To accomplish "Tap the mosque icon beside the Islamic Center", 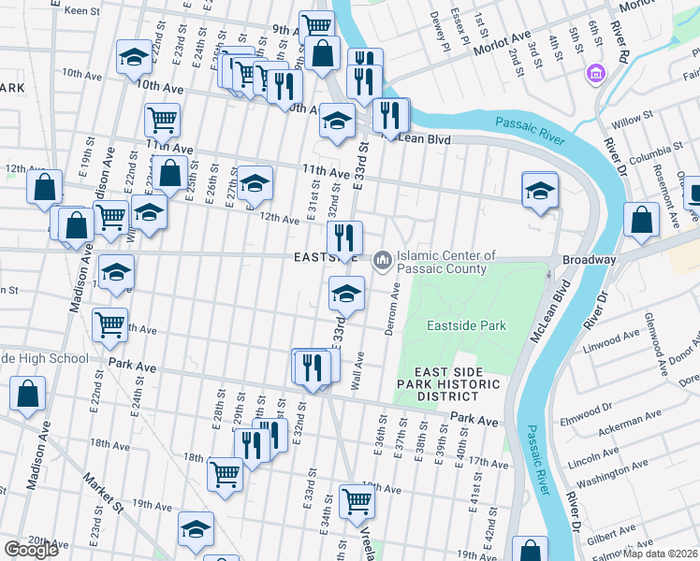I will [382, 259].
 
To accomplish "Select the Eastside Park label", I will [466, 325].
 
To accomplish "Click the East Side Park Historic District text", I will [448, 384].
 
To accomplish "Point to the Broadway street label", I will [589, 259].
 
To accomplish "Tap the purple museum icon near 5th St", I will [594, 72].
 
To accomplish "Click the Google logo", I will [31, 550].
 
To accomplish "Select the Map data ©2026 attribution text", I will [661, 554].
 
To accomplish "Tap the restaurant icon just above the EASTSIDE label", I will [344, 237].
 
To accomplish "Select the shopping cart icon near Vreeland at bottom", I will [357, 500].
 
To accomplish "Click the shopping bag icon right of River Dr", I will [642, 220].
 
